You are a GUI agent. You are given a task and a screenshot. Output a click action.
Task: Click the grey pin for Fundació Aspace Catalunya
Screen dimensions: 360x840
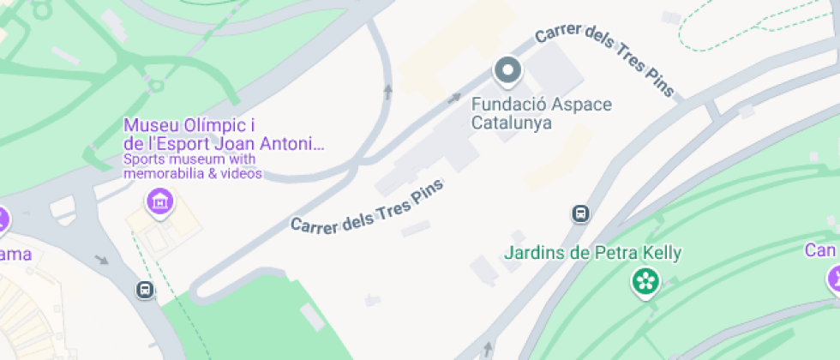click(507, 70)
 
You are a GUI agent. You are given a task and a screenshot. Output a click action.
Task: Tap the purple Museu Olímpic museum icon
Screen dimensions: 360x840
click(159, 202)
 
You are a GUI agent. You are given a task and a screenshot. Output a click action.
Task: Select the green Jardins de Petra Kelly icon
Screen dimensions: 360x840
click(644, 279)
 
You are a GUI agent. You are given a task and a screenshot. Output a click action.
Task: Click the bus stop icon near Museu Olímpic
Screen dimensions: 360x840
click(145, 290)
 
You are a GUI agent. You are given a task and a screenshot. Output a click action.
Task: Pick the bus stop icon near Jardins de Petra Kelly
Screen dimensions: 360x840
click(580, 213)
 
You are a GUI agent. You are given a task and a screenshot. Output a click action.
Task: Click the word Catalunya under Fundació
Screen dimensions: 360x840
click(511, 122)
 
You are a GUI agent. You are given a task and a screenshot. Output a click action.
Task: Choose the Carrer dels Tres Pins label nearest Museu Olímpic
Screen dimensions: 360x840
click(367, 209)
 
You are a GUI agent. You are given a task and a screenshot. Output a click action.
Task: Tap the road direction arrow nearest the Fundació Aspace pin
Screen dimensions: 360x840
click(454, 98)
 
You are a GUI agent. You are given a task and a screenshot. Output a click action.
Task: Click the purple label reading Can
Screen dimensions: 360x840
click(819, 250)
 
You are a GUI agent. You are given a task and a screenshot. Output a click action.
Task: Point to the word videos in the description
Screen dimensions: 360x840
click(242, 174)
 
